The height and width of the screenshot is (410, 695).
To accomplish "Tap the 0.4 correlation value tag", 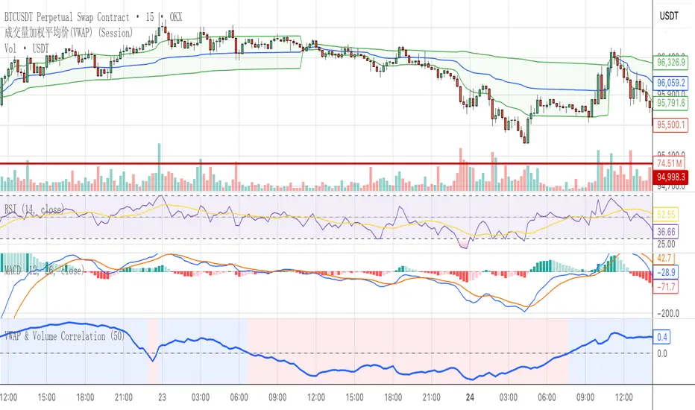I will point(661,337).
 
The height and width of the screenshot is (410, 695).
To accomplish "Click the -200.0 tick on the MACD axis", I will point(667,313).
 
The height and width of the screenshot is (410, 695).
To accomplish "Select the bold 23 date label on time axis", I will point(163,397).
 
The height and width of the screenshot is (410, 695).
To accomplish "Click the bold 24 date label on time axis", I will point(469,397).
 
